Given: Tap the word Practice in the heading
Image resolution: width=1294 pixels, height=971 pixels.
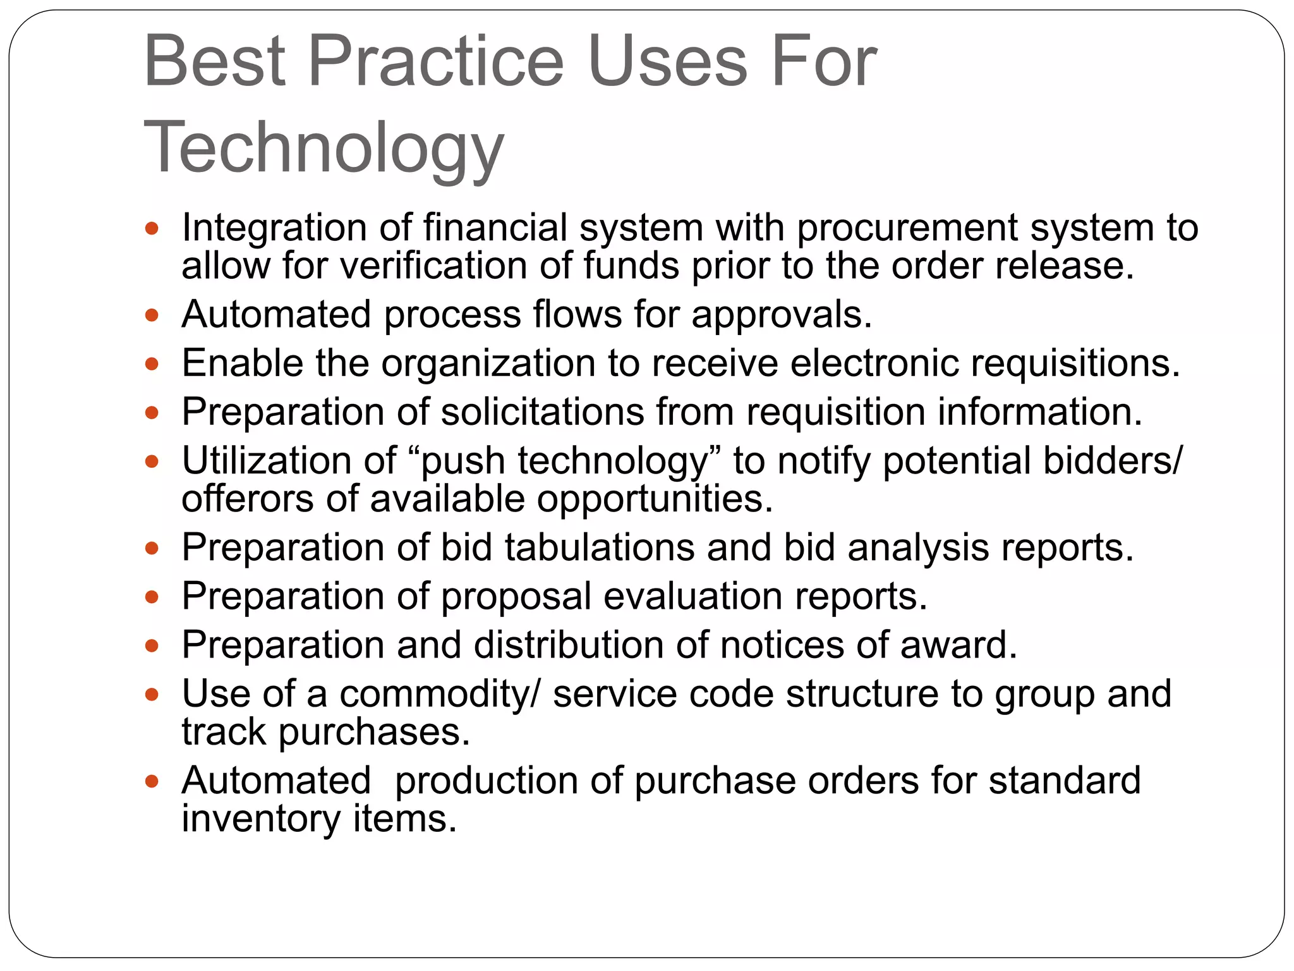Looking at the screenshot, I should click(x=435, y=62).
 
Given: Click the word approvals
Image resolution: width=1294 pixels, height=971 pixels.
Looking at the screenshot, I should click(x=782, y=315).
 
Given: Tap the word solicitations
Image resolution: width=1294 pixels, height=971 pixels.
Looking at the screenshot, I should click(x=542, y=412).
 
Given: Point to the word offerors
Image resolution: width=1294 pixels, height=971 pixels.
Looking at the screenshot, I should click(x=248, y=499).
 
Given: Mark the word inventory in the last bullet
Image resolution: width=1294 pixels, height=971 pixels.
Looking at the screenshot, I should click(x=261, y=819).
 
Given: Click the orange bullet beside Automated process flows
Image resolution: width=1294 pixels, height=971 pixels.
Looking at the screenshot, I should click(x=152, y=315).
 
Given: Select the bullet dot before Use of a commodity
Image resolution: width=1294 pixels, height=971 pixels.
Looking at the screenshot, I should click(x=152, y=695).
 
